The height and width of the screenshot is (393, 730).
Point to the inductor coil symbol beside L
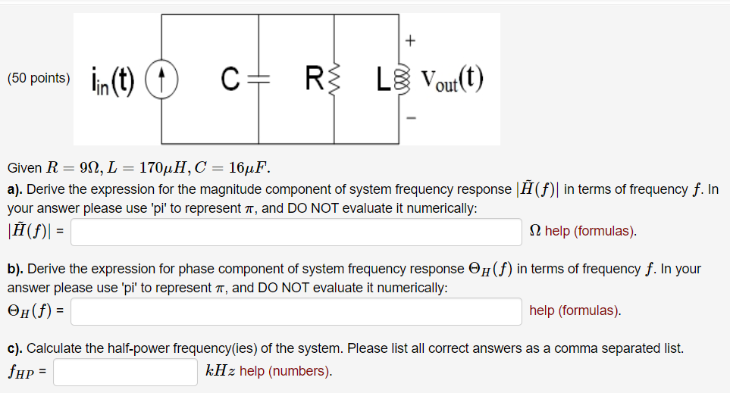pos(399,79)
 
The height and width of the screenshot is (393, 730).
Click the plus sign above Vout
pos(412,39)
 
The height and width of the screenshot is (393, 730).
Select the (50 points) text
pos(38,78)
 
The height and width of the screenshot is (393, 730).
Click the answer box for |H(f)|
pos(296,232)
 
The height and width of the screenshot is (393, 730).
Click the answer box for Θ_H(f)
pos(296,310)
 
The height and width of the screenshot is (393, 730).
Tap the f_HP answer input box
pos(125,372)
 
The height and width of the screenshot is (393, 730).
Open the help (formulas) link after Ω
pos(591,231)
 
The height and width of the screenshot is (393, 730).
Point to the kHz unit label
pos(221,371)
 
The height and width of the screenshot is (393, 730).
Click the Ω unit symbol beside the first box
pos(536,231)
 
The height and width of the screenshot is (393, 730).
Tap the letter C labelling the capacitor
pos(231,78)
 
